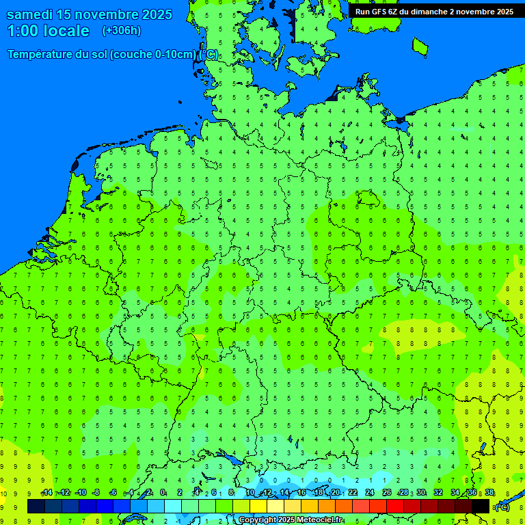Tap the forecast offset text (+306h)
[122, 30]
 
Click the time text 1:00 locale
[48, 31]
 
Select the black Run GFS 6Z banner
[434, 12]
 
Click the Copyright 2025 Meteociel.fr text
[291, 520]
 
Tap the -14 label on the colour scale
[46, 493]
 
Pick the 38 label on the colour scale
[489, 493]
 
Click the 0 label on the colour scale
[163, 493]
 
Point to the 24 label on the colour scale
[370, 493]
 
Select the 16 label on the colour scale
[301, 493]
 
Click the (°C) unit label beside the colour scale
[502, 507]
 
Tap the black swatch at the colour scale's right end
[481, 507]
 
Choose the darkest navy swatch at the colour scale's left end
[36, 507]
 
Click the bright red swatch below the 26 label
[395, 507]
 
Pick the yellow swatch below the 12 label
[258, 507]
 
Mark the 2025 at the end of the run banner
[504, 12]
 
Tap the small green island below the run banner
[420, 46]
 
